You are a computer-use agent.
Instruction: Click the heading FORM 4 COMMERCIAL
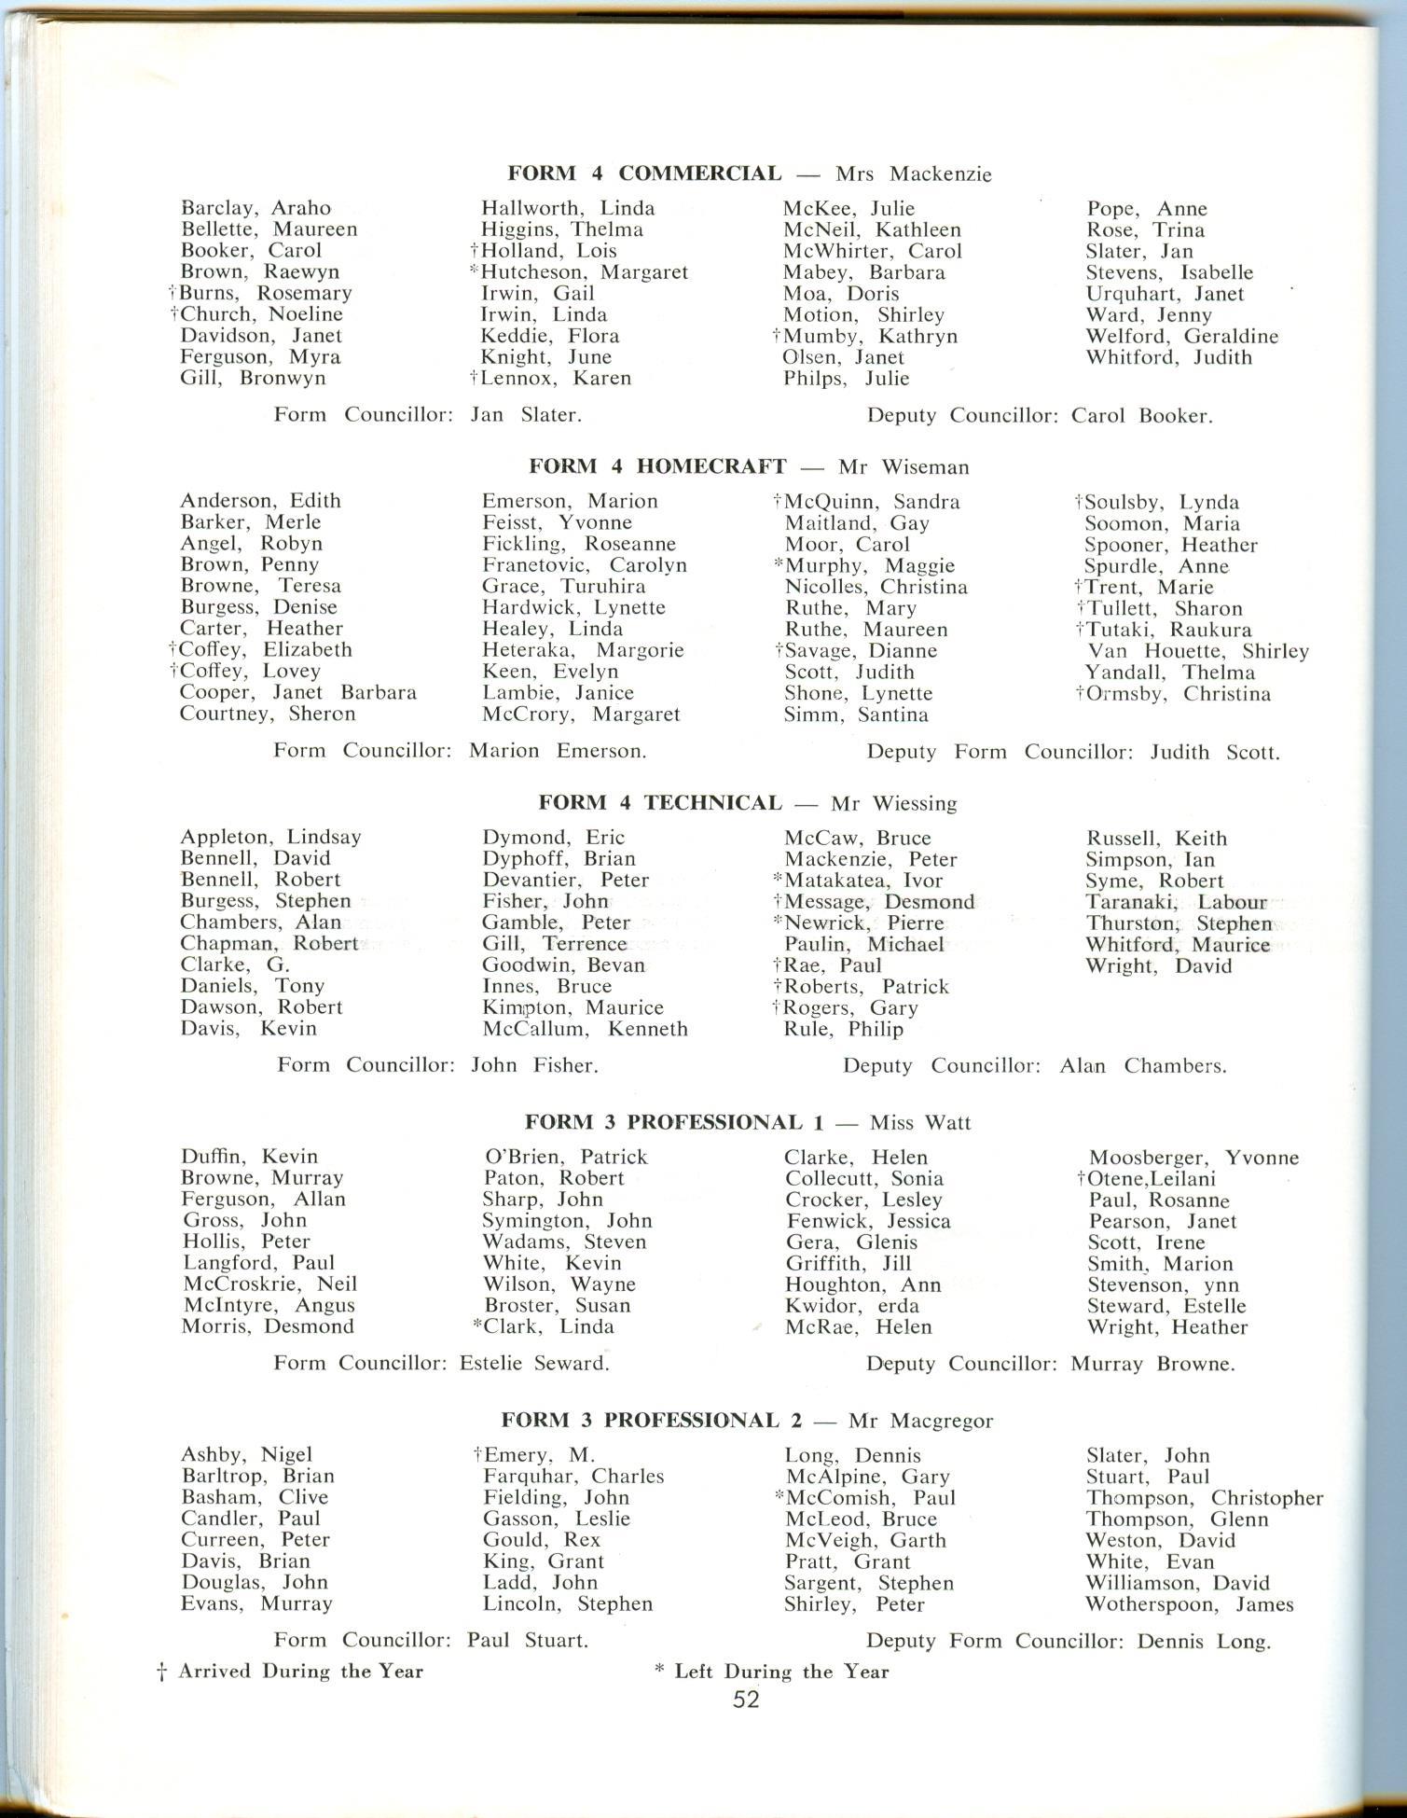tap(644, 173)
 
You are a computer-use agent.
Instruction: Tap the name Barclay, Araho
tap(255, 208)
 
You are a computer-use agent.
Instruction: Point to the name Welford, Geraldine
tap(1181, 336)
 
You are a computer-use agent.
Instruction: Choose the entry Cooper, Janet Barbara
tap(298, 692)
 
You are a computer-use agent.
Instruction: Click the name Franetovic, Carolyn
tap(585, 565)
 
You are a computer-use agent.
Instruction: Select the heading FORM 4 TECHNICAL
tap(660, 803)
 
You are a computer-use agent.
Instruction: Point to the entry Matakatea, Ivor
tap(863, 881)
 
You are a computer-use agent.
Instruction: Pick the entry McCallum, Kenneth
tap(585, 1029)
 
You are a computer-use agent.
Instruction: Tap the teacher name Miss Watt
tap(920, 1123)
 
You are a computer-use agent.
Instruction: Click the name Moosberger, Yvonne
tap(1193, 1158)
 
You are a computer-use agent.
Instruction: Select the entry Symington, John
tap(567, 1220)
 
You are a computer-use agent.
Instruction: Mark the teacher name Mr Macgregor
tap(920, 1421)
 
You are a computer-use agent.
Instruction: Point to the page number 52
tap(746, 1700)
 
